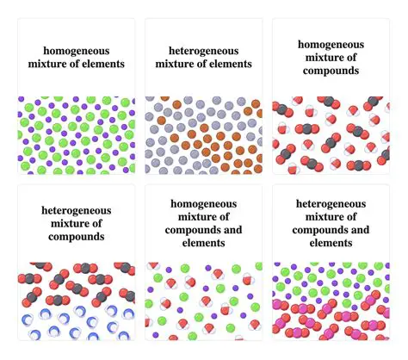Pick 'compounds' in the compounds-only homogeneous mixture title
(x=331, y=71)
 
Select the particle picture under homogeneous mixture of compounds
(x=331, y=135)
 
